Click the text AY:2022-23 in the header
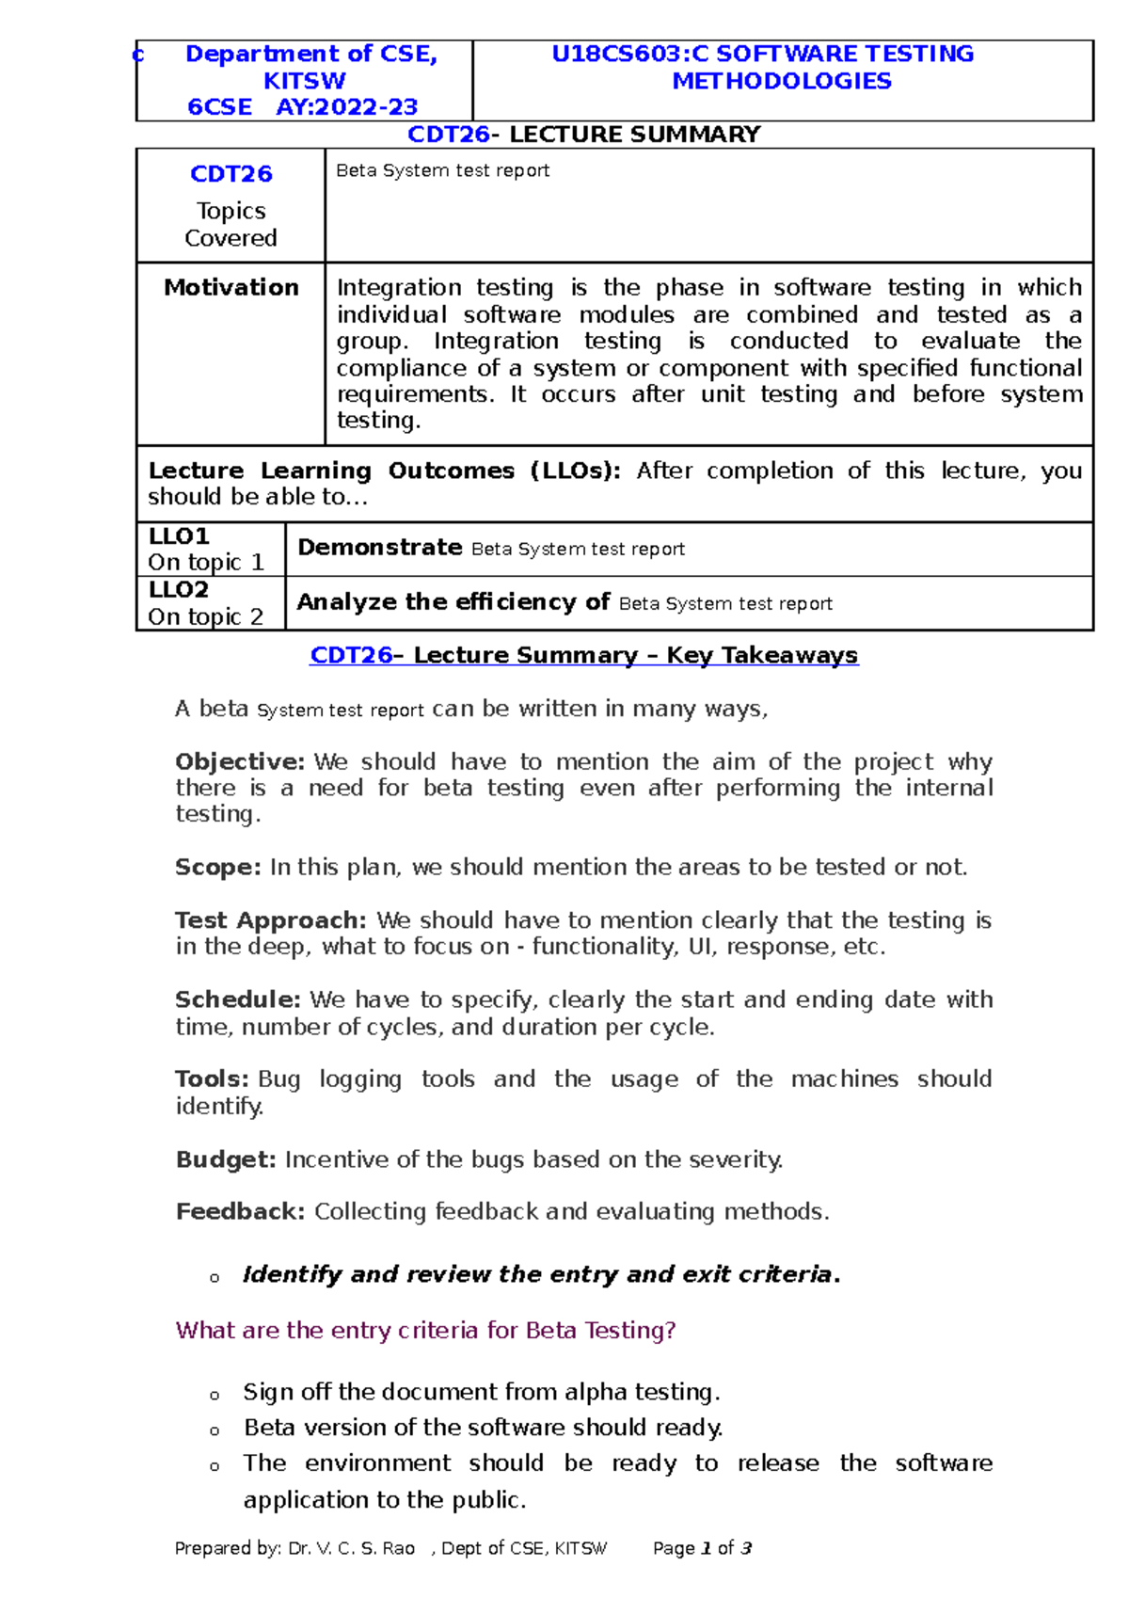coord(346,107)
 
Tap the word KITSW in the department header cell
coord(304,81)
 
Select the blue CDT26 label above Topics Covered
coord(231,174)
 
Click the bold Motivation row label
coord(231,287)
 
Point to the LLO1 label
coord(179,536)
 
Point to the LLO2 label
coord(179,590)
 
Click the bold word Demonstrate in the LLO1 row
coord(379,548)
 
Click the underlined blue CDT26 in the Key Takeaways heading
coord(350,655)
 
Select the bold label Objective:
coord(240,761)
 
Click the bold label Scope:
coord(217,867)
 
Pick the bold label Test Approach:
coord(270,920)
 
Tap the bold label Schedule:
coord(237,999)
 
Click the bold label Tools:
coord(212,1079)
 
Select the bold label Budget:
coord(226,1159)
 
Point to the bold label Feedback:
coord(240,1211)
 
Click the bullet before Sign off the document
coord(215,1395)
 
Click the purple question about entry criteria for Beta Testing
coord(425,1330)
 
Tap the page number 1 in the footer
coord(706,1548)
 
